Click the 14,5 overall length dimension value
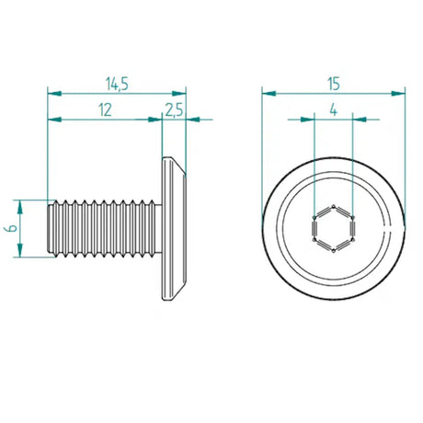[116, 84]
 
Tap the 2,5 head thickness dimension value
[174, 109]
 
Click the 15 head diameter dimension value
[333, 83]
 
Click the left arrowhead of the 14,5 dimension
[52, 93]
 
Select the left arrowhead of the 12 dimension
[52, 119]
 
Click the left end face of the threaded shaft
[48, 227]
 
